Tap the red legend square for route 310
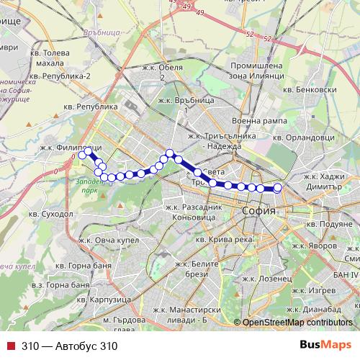coord(10,345)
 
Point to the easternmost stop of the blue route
coord(277,189)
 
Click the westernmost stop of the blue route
coord(83,154)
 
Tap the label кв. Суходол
coord(50,214)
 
